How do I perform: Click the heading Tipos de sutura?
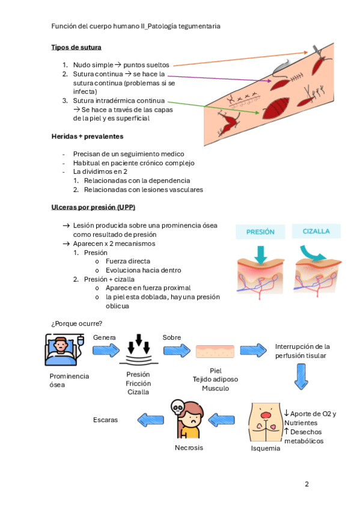point(76,48)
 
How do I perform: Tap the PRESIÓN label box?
point(260,232)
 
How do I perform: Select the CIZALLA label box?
point(316,232)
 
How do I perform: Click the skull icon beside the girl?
point(178,407)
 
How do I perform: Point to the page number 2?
point(307,484)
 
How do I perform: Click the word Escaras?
point(105,420)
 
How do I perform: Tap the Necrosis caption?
point(189,447)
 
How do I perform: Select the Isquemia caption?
point(266,448)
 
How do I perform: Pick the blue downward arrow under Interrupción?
point(301,376)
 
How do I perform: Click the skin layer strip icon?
point(215,351)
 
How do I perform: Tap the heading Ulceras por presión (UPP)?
point(93,207)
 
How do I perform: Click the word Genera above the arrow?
point(105,337)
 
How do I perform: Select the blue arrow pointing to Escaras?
point(150,420)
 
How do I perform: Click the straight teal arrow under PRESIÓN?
point(261,254)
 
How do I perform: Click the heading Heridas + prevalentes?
point(87,137)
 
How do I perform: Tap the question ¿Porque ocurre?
point(76,324)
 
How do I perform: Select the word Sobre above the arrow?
point(171,337)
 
